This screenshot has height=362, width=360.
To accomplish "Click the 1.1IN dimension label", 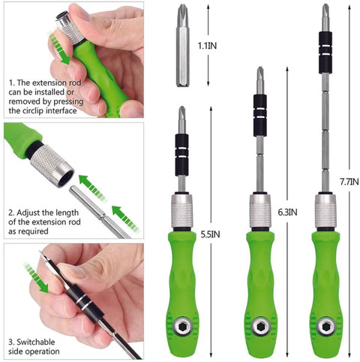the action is tap(207, 46).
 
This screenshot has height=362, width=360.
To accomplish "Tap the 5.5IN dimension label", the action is tap(210, 234).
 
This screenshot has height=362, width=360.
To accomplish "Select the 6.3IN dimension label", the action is tap(287, 213).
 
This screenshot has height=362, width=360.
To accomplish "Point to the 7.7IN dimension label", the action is tap(349, 182).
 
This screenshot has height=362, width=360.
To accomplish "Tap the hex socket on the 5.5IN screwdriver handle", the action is tap(182, 325).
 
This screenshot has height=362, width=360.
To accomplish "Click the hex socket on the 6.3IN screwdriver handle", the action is tap(261, 326).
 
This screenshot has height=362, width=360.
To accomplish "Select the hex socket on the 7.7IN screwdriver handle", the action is tap(325, 327).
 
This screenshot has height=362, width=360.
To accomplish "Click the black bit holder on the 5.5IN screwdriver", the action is tap(181, 155).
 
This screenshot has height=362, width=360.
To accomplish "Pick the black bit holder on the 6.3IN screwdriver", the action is tap(260, 116).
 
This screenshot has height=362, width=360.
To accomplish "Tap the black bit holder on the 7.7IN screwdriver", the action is tap(325, 53).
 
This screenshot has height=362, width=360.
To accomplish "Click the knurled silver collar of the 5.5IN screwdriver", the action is tap(182, 211).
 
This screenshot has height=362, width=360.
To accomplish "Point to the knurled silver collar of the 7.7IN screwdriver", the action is tap(325, 211).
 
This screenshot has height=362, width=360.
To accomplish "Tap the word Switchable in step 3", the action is tap(35, 342).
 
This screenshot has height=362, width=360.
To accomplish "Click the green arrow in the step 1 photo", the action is tap(59, 47).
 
